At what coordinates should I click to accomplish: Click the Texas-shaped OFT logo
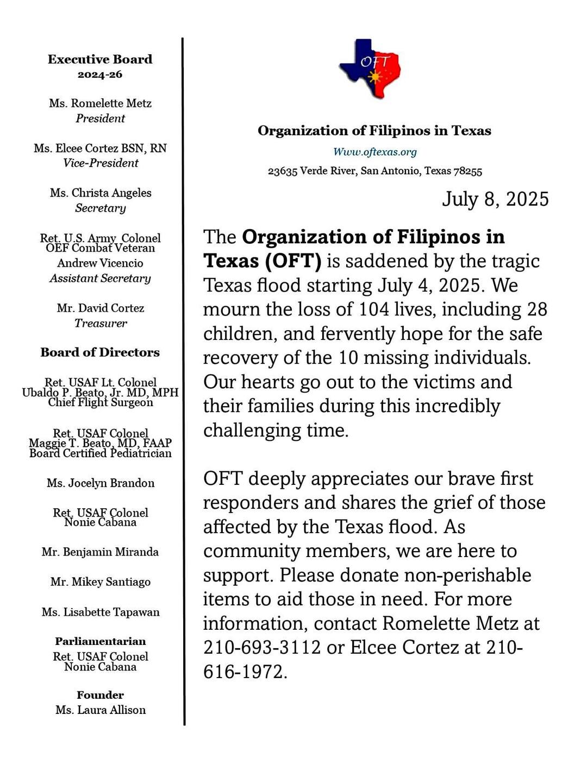[x=370, y=68]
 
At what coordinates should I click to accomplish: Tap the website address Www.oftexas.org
[x=375, y=152]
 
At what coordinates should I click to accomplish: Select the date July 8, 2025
[x=495, y=199]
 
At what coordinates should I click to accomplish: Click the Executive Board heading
[x=100, y=59]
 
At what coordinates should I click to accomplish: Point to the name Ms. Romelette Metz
[x=100, y=103]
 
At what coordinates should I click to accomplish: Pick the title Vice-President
[x=101, y=163]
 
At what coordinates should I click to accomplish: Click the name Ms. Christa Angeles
[x=101, y=193]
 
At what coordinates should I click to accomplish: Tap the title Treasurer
[x=101, y=324]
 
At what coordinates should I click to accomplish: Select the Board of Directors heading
[x=100, y=352]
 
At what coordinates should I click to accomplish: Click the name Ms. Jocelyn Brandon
[x=101, y=483]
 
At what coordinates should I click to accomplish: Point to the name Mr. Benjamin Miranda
[x=100, y=552]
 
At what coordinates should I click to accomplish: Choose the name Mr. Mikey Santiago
[x=101, y=582]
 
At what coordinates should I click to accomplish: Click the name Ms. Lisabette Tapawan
[x=101, y=612]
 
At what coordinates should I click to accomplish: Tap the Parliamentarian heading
[x=101, y=641]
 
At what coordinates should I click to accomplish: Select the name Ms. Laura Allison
[x=101, y=710]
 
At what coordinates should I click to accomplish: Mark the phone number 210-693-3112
[x=262, y=648]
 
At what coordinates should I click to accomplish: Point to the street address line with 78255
[x=375, y=171]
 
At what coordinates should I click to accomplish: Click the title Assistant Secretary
[x=100, y=279]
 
